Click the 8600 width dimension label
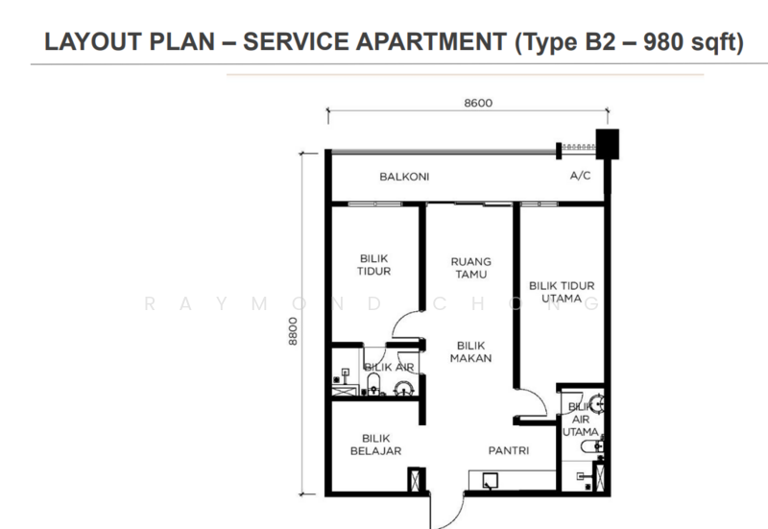pyautogui.click(x=478, y=103)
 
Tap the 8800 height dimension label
pyautogui.click(x=293, y=331)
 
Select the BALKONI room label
pyautogui.click(x=404, y=177)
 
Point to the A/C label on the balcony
pyautogui.click(x=581, y=176)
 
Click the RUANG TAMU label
pyautogui.click(x=471, y=268)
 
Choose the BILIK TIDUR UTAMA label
pyautogui.click(x=562, y=292)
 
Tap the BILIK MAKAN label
pyautogui.click(x=470, y=351)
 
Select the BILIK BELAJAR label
pyautogui.click(x=375, y=445)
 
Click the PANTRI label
pyautogui.click(x=509, y=450)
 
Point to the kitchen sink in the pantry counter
pyautogui.click(x=491, y=480)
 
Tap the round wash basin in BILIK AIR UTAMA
pyautogui.click(x=597, y=404)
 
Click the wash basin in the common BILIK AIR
pyautogui.click(x=404, y=389)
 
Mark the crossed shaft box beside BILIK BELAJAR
pyautogui.click(x=415, y=480)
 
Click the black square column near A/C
pyautogui.click(x=608, y=144)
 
